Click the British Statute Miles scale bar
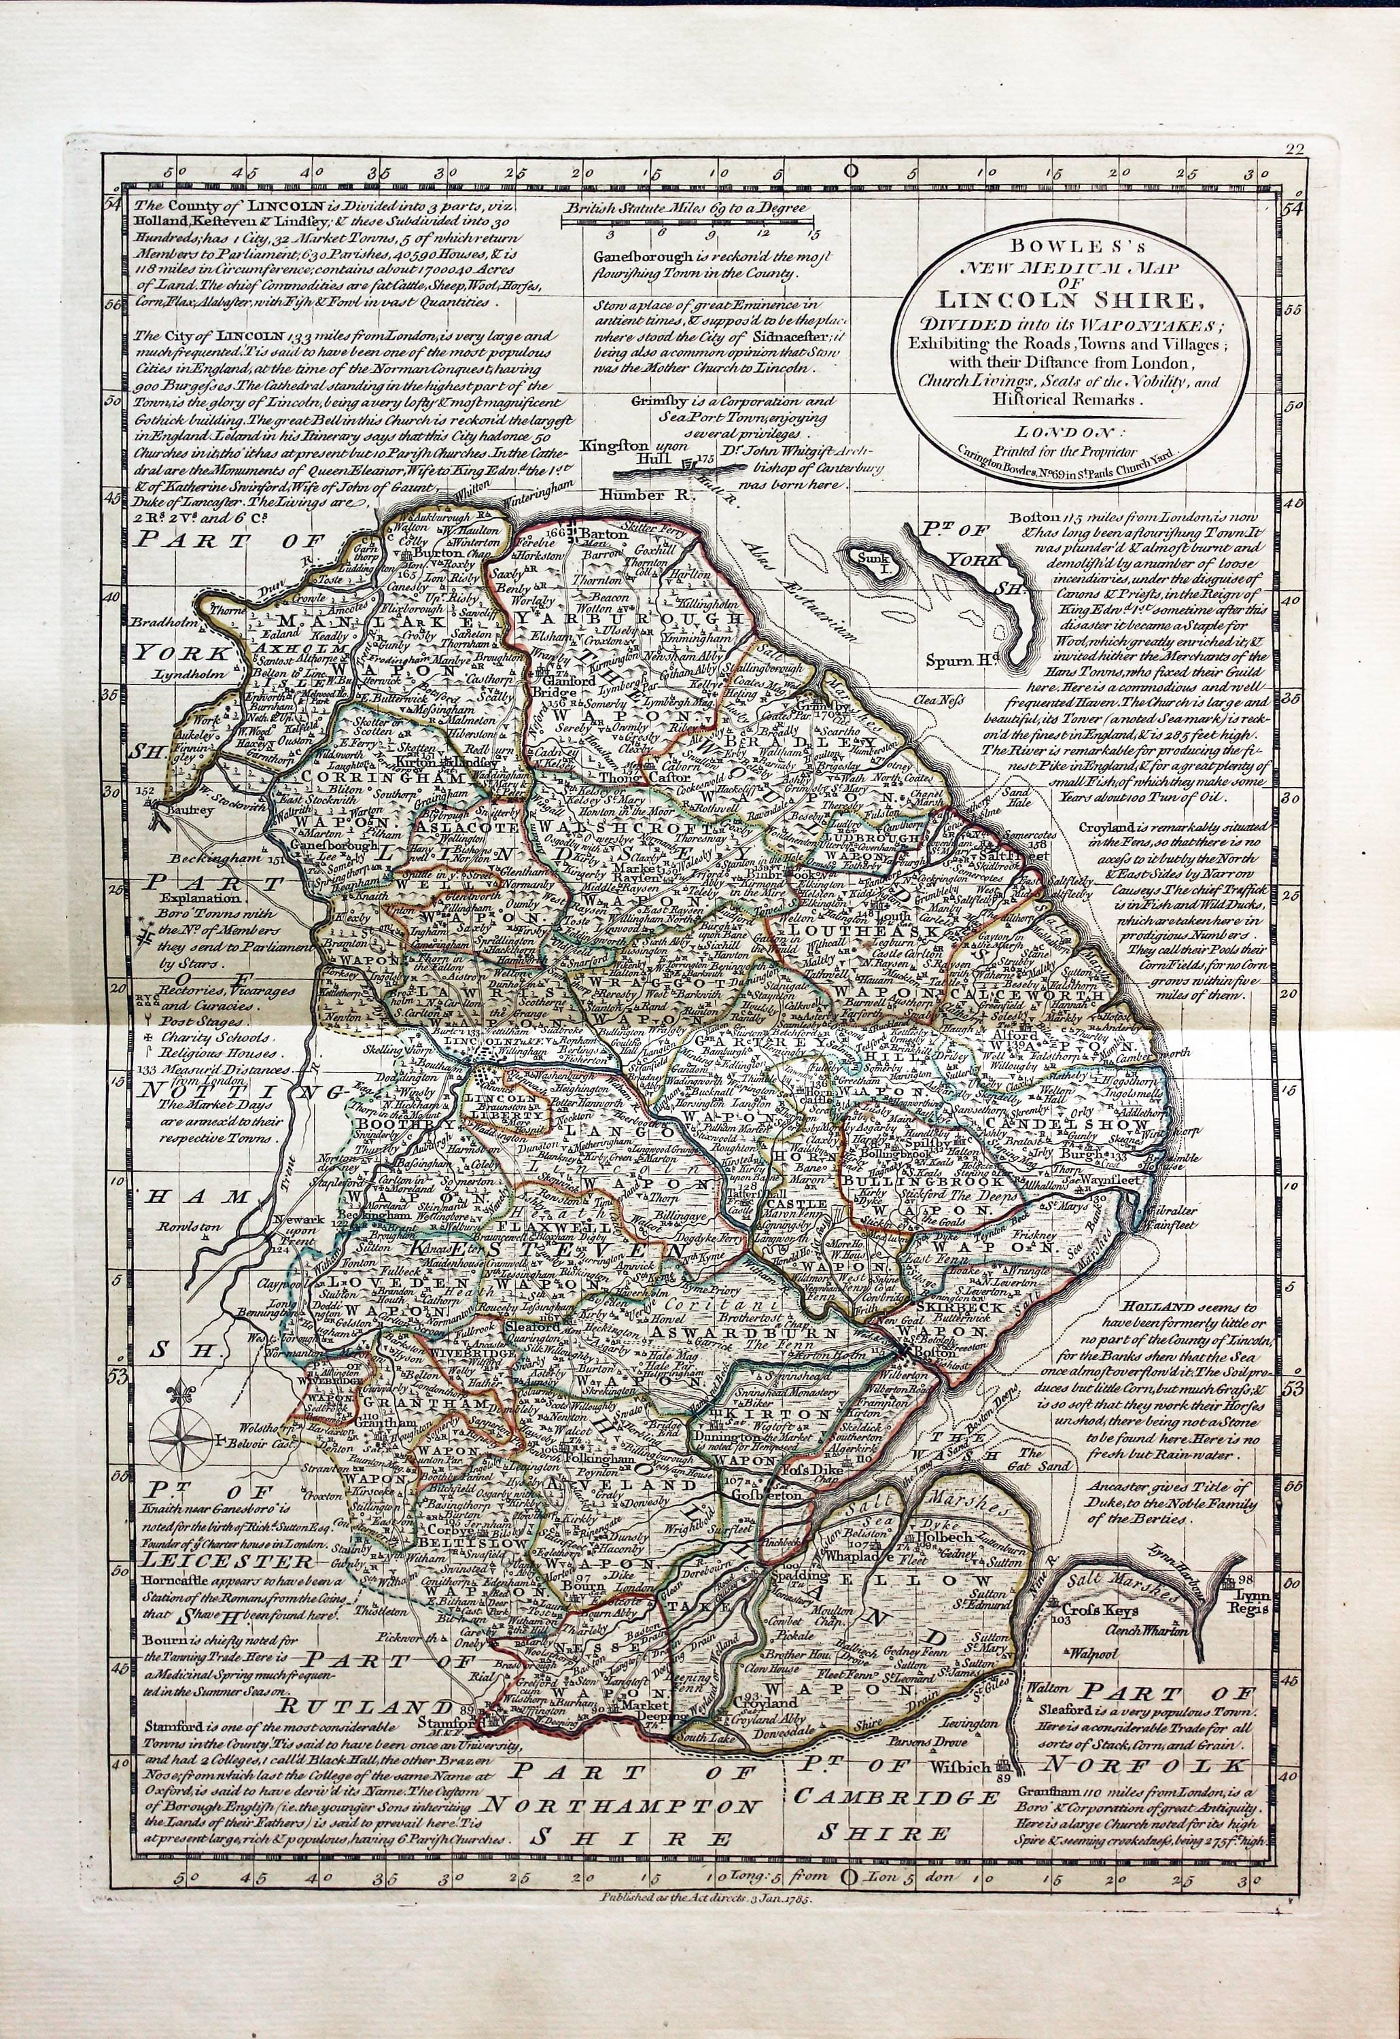coord(688,224)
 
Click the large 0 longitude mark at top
coord(848,171)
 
